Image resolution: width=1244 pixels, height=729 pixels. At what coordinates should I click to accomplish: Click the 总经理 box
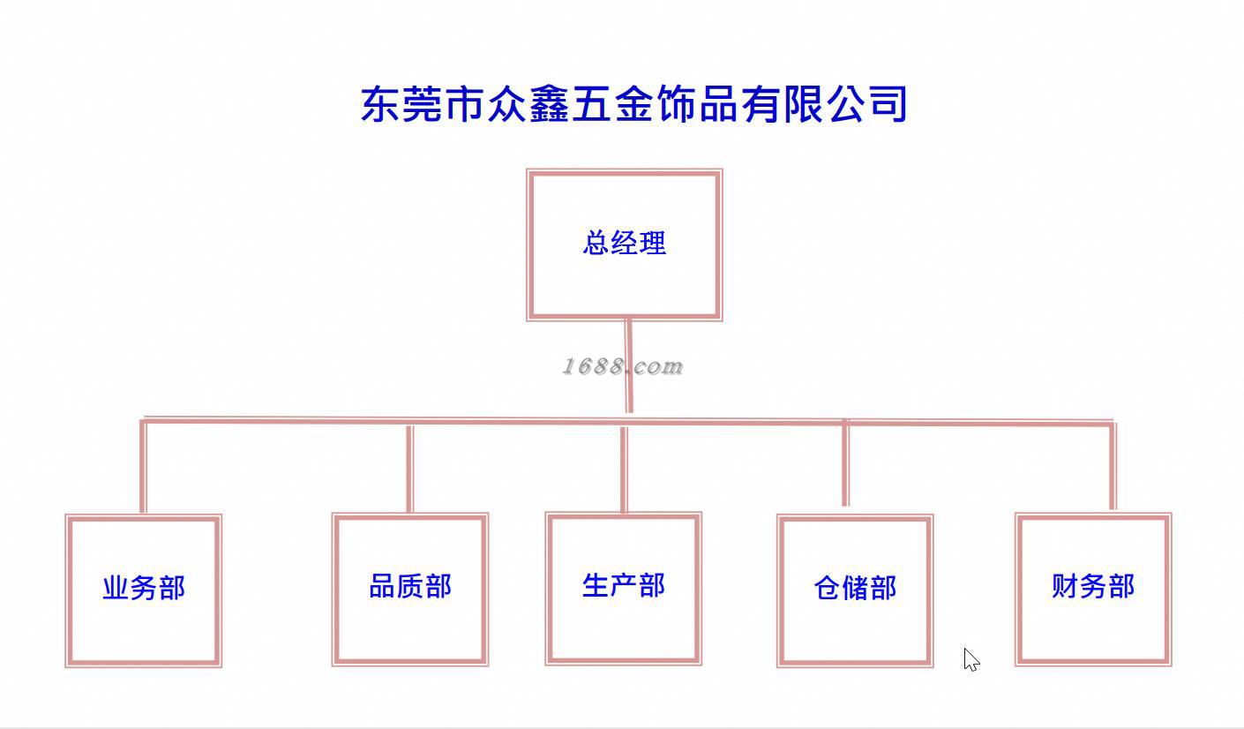click(x=624, y=244)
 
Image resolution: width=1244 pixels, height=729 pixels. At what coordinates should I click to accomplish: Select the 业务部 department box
click(x=143, y=590)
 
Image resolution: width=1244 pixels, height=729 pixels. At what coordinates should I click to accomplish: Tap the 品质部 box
click(x=410, y=588)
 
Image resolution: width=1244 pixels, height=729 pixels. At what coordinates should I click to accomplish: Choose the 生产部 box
click(x=623, y=587)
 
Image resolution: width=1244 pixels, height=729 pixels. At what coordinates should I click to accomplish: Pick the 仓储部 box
click(x=854, y=590)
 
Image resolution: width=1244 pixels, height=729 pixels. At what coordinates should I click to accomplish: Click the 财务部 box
click(x=1092, y=588)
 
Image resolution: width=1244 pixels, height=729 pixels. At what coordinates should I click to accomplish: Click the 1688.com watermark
click(x=622, y=366)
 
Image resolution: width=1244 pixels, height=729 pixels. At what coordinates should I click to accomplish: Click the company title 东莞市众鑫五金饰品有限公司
click(x=633, y=104)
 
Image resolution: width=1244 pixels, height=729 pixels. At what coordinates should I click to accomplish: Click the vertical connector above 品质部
click(x=409, y=468)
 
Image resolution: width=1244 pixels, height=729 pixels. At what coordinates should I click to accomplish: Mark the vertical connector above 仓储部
click(x=845, y=464)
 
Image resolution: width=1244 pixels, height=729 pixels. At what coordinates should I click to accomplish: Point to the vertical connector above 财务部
click(x=1113, y=468)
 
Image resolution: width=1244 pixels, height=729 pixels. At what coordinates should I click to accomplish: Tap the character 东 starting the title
click(x=381, y=104)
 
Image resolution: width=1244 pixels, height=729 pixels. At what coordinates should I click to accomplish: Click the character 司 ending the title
click(x=888, y=104)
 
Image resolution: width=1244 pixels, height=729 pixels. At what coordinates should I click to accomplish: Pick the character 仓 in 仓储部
click(x=827, y=589)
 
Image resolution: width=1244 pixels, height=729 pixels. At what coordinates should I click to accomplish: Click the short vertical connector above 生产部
click(x=623, y=470)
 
